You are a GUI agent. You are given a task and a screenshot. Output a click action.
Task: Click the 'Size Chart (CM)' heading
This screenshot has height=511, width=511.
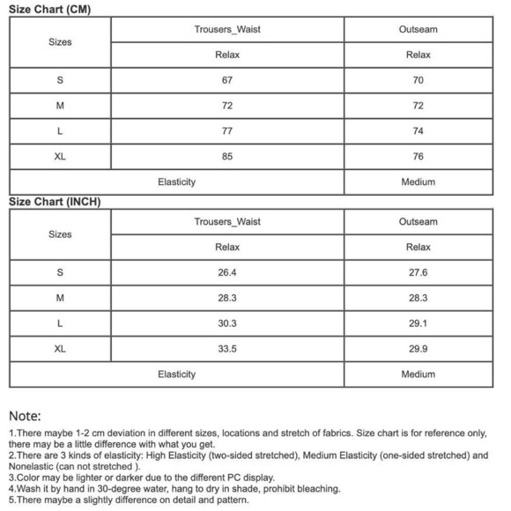pyautogui.click(x=49, y=9)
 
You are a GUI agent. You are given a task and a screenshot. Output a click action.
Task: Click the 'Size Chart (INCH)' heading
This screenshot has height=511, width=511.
pyautogui.click(x=55, y=202)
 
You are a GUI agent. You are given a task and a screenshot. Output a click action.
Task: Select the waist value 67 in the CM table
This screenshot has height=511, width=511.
pyautogui.click(x=227, y=80)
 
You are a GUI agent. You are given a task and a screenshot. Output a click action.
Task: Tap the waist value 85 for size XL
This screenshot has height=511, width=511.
pyautogui.click(x=227, y=157)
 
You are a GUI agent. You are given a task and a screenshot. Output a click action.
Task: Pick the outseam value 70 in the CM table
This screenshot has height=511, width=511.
pyautogui.click(x=418, y=80)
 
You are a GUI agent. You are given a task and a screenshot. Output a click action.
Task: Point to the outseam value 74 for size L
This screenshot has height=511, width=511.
pyautogui.click(x=418, y=131)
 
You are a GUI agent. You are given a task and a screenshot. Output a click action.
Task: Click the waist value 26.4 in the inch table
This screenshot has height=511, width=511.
pyautogui.click(x=227, y=273)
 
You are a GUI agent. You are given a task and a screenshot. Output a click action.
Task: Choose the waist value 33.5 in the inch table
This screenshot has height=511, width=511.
pyautogui.click(x=227, y=349)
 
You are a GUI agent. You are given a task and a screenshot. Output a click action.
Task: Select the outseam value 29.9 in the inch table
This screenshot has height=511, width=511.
pyautogui.click(x=418, y=349)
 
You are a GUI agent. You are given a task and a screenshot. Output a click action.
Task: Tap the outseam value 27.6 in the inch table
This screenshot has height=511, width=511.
pyautogui.click(x=418, y=273)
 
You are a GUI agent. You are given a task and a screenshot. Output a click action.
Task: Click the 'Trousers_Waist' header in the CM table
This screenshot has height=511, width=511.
pyautogui.click(x=227, y=29)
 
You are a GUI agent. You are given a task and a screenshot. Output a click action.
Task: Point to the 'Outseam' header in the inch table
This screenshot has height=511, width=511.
pyautogui.click(x=418, y=222)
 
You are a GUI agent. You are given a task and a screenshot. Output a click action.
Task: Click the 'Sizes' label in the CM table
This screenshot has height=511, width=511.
pyautogui.click(x=60, y=41)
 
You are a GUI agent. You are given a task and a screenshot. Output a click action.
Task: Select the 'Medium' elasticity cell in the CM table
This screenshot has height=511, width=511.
pyautogui.click(x=418, y=182)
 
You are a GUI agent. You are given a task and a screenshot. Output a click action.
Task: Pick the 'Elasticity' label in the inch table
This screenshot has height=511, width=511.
pyautogui.click(x=176, y=374)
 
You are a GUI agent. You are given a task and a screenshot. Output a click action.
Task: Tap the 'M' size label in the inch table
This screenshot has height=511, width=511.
pyautogui.click(x=60, y=299)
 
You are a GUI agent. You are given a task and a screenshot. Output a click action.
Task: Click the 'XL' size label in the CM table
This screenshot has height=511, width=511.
pyautogui.click(x=60, y=157)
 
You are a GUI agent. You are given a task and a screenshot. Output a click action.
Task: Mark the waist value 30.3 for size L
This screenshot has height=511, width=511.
pyautogui.click(x=227, y=323)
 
